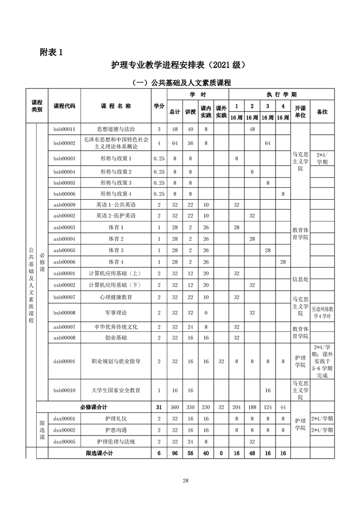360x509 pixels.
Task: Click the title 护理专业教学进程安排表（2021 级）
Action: [179, 65]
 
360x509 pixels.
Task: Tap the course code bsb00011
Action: [64, 129]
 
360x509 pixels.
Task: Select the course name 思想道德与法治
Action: [116, 129]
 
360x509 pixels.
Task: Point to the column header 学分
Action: [158, 106]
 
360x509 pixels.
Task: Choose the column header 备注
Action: [322, 111]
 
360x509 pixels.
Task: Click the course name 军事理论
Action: [116, 313]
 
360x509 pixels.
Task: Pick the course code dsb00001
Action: [64, 361]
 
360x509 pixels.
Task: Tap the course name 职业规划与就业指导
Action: [116, 361]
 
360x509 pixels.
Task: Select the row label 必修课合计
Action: [94, 407]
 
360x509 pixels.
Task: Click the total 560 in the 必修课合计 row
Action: [175, 407]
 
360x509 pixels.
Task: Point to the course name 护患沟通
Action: [116, 430]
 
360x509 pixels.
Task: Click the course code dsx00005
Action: [64, 441]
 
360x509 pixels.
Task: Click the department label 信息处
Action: [300, 279]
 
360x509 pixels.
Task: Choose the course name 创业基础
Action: [116, 338]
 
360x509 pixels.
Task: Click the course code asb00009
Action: [64, 205]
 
